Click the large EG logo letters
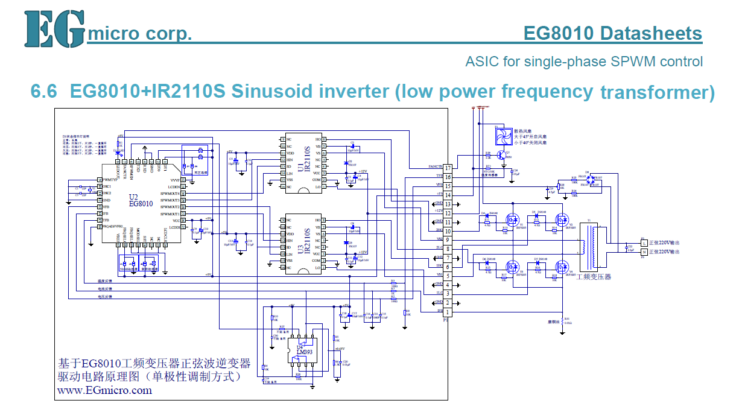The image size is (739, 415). [54, 29]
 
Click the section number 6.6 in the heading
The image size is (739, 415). [44, 92]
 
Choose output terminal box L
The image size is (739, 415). [644, 242]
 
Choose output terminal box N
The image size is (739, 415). [644, 251]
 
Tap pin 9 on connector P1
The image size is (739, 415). [448, 239]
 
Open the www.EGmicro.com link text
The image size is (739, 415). [104, 390]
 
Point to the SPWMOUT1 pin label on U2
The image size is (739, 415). [170, 214]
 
